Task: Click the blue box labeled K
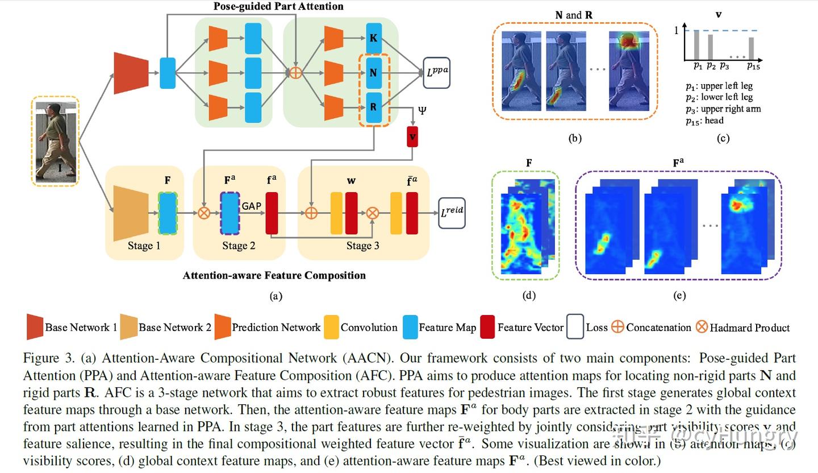(x=374, y=38)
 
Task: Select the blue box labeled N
(x=374, y=72)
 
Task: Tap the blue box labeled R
(x=374, y=107)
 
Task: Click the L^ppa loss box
(x=437, y=73)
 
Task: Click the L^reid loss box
(x=452, y=213)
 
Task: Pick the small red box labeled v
(x=412, y=138)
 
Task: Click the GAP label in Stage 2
(x=251, y=206)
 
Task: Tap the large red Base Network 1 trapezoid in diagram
(x=131, y=72)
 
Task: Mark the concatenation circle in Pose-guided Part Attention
(x=295, y=73)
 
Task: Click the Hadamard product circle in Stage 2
(x=203, y=213)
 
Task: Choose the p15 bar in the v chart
(x=751, y=48)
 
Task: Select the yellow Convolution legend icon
(x=331, y=327)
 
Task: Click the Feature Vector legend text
(x=530, y=327)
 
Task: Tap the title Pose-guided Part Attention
(x=278, y=7)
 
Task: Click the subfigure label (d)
(x=528, y=295)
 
